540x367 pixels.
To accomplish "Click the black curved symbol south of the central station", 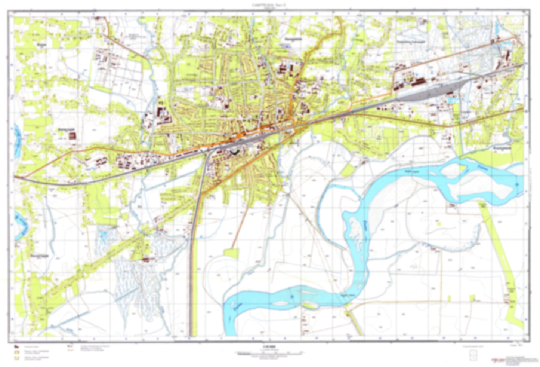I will coord(234,152).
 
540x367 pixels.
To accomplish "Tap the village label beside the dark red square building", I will coord(65,129).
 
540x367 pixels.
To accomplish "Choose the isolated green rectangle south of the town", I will coord(231,253).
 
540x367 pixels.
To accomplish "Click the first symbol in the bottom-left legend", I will coord(16,346).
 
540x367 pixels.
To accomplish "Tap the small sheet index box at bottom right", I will coord(474,355).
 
